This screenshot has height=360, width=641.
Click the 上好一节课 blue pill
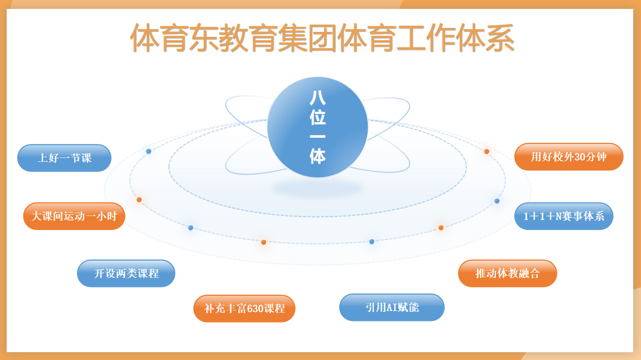click(x=64, y=158)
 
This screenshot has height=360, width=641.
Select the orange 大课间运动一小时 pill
click(x=74, y=216)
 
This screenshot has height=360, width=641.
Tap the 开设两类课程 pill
click(x=126, y=273)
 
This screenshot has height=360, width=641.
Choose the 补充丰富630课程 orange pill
click(x=244, y=309)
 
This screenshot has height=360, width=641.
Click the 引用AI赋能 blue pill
click(x=392, y=307)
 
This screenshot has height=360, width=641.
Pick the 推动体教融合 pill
click(x=507, y=273)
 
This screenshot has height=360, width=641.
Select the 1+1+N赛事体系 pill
click(x=564, y=216)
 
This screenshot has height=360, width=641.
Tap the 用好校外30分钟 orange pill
click(x=568, y=157)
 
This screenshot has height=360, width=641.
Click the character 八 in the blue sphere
click(x=317, y=98)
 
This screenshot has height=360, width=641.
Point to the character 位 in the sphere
click(x=317, y=117)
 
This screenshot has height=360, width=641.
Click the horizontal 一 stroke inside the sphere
click(x=317, y=137)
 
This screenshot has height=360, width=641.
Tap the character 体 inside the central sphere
click(x=317, y=156)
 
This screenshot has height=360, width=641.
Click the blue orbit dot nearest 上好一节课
click(x=149, y=151)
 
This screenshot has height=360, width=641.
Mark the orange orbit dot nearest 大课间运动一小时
click(x=139, y=200)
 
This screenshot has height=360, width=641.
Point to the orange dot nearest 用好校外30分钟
click(x=486, y=151)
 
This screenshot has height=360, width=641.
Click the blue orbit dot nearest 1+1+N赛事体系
click(x=497, y=201)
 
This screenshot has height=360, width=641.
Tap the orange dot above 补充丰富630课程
click(x=264, y=242)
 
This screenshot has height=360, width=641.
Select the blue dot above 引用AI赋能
click(x=372, y=242)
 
